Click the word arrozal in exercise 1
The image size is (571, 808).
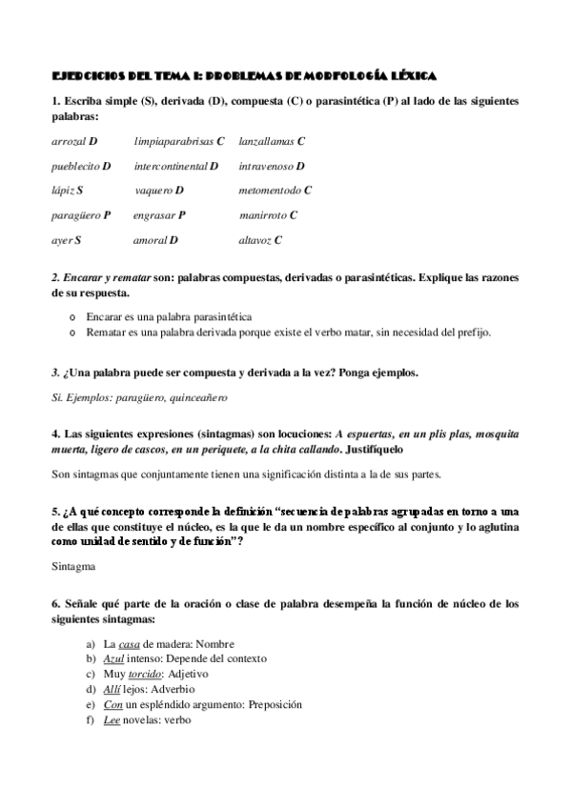68,141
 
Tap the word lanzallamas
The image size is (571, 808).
266,141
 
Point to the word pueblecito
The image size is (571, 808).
75,166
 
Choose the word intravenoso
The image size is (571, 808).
266,166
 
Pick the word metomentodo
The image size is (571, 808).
270,191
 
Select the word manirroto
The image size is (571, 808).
262,215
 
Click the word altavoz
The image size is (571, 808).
255,240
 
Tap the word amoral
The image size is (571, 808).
150,240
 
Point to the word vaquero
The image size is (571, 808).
153,191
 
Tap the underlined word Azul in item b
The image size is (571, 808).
114,658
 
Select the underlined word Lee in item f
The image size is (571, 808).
112,719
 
